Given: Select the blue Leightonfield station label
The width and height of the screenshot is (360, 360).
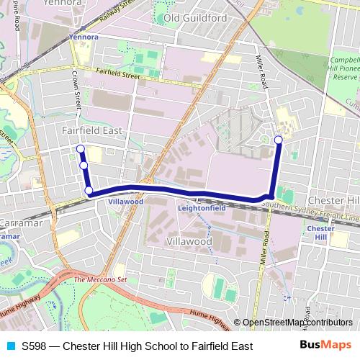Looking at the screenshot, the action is point(202,208).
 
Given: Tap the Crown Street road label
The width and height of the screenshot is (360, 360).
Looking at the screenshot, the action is point(75,94).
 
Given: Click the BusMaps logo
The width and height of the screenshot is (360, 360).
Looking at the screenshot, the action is point(326,346).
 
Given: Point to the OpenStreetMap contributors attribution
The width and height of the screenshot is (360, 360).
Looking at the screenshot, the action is point(297,323).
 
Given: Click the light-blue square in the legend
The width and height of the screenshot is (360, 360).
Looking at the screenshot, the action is point(9,346).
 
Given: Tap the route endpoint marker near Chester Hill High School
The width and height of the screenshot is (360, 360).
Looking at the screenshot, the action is point(278,139).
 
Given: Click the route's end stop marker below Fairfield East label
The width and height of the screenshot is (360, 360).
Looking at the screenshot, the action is point(80,149).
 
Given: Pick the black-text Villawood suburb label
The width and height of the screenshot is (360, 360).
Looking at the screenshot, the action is point(189,242).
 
